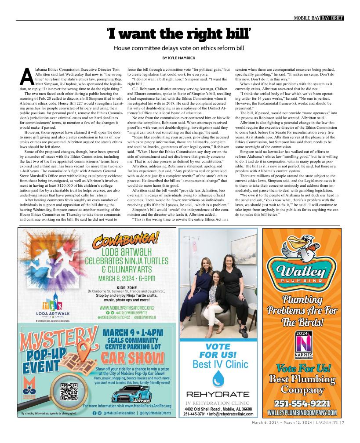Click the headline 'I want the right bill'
tap(179, 33)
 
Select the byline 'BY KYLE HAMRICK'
tap(179, 58)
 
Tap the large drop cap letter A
tap(26, 77)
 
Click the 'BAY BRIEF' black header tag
tap(332, 18)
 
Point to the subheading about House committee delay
tap(179, 47)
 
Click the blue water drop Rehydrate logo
tap(218, 379)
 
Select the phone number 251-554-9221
tap(302, 403)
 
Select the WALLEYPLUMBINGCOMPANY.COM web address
tap(302, 413)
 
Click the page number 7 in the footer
tap(343, 423)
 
